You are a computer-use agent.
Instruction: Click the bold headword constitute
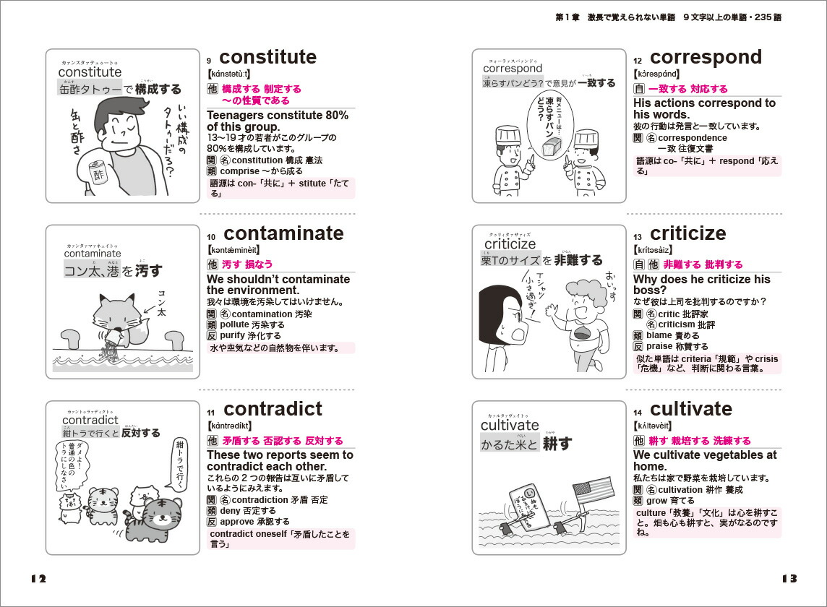point(267,57)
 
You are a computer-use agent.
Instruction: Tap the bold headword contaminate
point(283,233)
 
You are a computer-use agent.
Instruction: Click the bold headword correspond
point(706,57)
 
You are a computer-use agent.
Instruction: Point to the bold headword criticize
point(687,233)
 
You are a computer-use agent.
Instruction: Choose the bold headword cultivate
point(691,409)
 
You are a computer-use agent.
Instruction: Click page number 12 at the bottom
point(38,578)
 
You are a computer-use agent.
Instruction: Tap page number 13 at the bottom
point(789,578)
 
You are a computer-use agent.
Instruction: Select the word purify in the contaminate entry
point(232,336)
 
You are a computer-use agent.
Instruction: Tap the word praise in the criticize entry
point(659,347)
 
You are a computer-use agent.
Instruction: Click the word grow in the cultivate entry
point(656,500)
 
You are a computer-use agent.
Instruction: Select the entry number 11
point(211,413)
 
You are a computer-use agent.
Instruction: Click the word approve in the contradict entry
point(237,521)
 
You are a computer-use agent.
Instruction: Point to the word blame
point(659,335)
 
